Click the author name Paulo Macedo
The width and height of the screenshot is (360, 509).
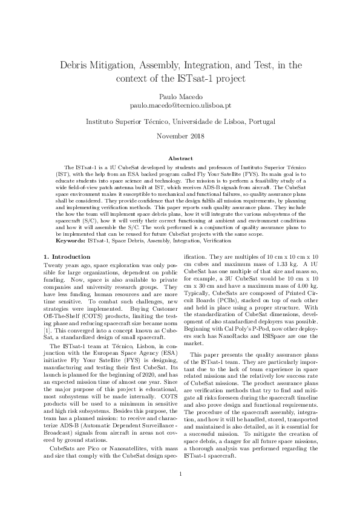pyautogui.click(x=180, y=96)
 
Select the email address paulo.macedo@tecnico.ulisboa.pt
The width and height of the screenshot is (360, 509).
pyautogui.click(x=180, y=105)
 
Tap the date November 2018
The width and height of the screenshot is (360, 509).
pyautogui.click(x=180, y=135)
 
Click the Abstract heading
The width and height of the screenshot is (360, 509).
pyautogui.click(x=180, y=158)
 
